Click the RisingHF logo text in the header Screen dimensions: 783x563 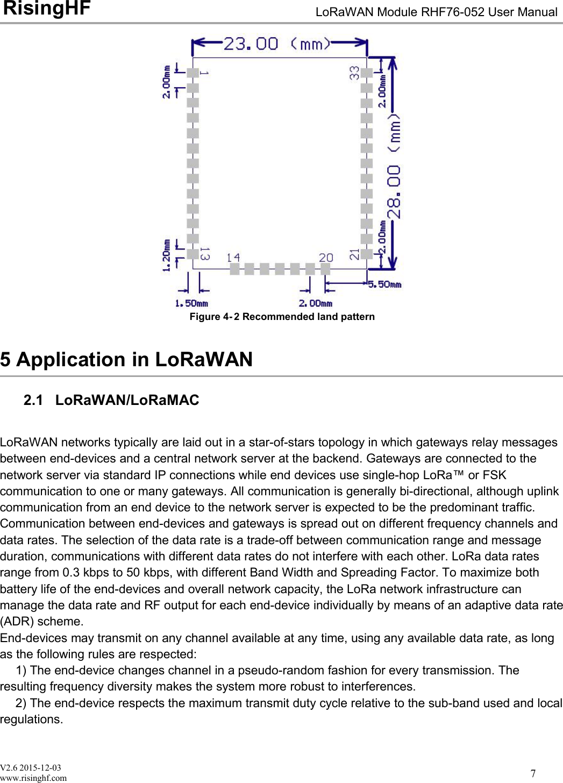(47, 9)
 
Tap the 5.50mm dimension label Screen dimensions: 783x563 (384, 284)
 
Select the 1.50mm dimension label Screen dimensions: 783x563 (191, 303)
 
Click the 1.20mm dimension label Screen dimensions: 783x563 (167, 255)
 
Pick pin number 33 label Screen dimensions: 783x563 (354, 73)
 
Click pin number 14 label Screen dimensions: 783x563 (233, 258)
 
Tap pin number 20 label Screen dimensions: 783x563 (326, 258)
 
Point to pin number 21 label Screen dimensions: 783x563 (354, 254)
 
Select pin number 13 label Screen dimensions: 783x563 (205, 254)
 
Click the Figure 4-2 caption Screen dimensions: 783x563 (282, 317)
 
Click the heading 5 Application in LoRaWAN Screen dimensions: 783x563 (126, 359)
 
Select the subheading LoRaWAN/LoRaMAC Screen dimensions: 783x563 (127, 400)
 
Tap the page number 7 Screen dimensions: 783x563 (533, 773)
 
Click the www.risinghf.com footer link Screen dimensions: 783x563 (33, 778)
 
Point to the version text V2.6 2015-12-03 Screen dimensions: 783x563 (31, 767)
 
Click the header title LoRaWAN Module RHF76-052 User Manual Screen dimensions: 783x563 (436, 12)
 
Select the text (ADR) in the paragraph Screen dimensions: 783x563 (17, 622)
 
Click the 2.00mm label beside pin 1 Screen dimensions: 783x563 (167, 82)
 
